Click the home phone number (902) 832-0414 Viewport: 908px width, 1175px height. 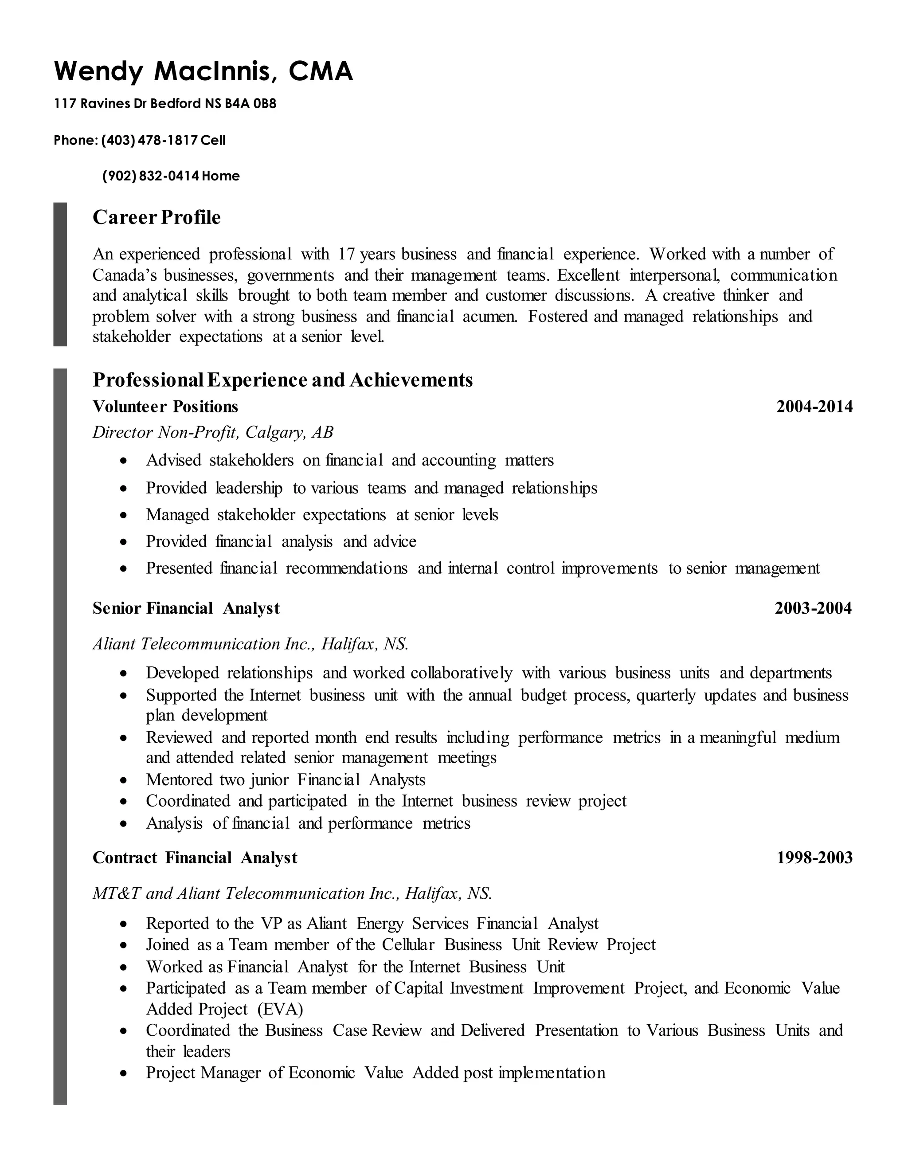point(151,176)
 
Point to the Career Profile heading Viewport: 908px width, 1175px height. point(157,217)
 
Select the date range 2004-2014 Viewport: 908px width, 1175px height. point(814,406)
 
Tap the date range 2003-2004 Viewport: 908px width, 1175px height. point(813,608)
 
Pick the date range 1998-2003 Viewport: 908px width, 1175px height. point(814,858)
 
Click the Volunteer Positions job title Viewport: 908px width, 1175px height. point(165,406)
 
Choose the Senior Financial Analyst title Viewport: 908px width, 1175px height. point(186,608)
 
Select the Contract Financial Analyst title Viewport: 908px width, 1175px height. point(195,858)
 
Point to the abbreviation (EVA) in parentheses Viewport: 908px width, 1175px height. point(280,1009)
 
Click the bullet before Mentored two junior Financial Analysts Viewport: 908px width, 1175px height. point(124,780)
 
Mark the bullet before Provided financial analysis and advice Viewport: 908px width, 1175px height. point(124,542)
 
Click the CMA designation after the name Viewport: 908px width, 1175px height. point(321,71)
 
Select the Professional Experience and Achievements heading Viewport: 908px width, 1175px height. point(282,380)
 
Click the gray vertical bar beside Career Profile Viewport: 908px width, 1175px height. point(60,274)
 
